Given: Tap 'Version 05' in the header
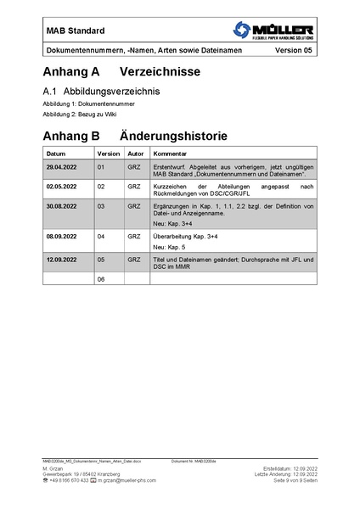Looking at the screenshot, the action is [x=294, y=51].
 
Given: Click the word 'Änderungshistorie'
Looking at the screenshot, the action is [x=179, y=135].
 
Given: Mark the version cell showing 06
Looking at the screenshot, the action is [x=101, y=278].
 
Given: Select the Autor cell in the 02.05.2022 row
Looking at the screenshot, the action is [x=133, y=186].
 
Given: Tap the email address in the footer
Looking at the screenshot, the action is [x=127, y=480].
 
